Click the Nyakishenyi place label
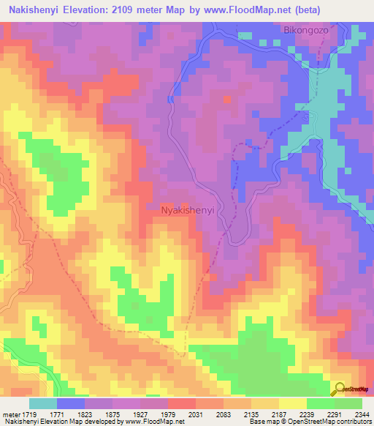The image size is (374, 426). point(187,209)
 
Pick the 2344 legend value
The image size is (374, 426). point(361,414)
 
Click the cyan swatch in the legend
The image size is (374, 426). point(42,403)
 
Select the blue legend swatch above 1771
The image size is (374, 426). point(70,403)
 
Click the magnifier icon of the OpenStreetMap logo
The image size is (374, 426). point(340,388)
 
